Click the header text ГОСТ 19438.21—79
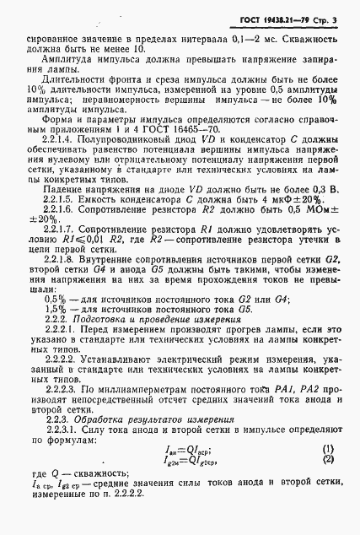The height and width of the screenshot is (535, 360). [269, 18]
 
